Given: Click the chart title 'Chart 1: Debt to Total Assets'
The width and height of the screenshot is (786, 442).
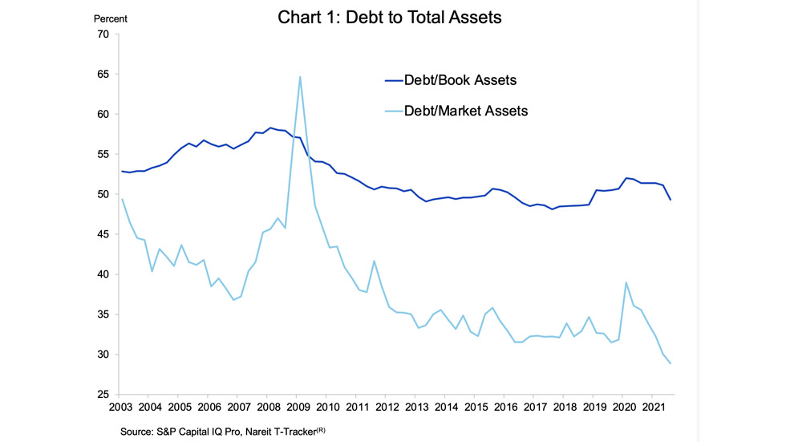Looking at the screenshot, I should (x=390, y=17).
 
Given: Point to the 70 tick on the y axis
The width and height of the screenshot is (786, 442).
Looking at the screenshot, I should (x=103, y=34).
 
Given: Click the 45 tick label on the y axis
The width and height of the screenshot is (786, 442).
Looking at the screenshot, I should (x=103, y=234).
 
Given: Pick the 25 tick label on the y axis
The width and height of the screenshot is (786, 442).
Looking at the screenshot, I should (x=103, y=395).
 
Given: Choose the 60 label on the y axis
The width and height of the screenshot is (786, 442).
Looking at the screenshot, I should (x=103, y=115).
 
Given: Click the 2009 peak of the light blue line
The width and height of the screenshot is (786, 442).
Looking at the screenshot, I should (x=299, y=77).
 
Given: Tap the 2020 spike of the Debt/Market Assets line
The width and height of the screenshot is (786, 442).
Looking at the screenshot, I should (x=626, y=282).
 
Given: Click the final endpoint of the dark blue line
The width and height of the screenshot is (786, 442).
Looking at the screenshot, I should (x=671, y=200).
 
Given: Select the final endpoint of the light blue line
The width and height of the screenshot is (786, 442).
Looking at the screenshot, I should (x=671, y=363).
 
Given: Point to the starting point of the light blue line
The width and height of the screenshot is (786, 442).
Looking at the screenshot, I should (x=122, y=199).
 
